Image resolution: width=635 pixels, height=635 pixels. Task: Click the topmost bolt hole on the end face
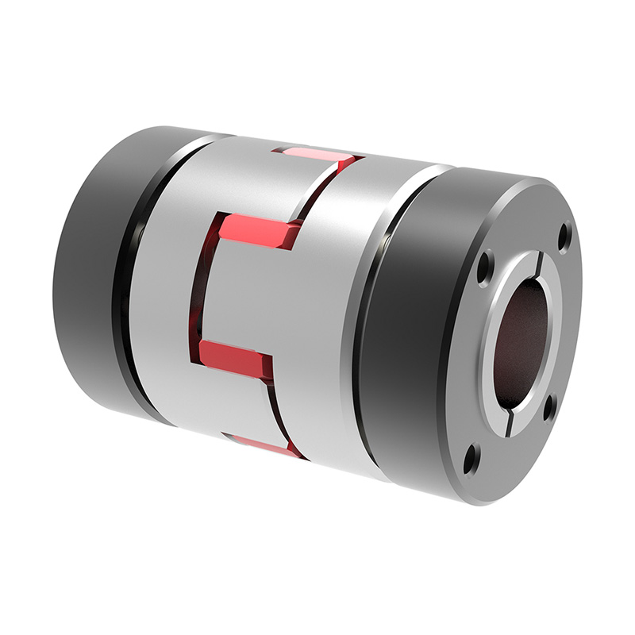pos(564,236)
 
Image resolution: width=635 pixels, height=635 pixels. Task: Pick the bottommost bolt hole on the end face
pos(471,458)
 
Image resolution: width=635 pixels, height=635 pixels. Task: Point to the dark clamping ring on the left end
pos(87,270)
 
